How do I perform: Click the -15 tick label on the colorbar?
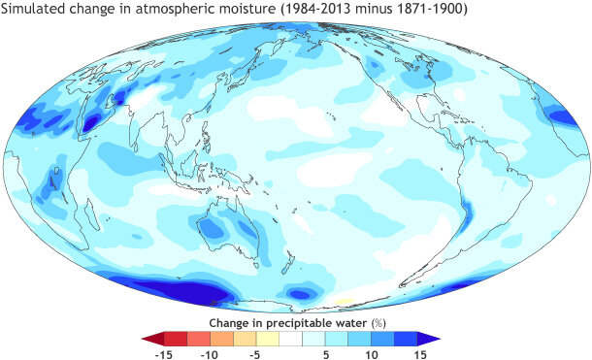click(x=163, y=354)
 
